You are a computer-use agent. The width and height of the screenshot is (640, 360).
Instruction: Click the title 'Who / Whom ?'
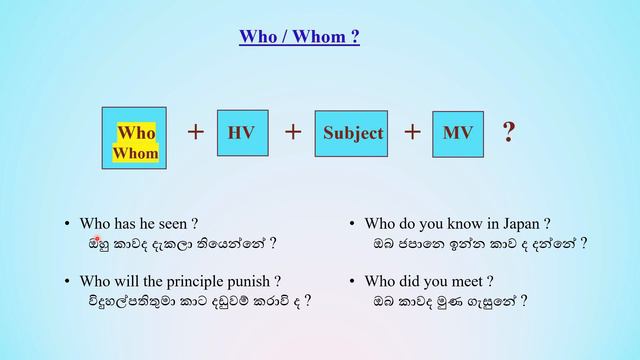click(299, 38)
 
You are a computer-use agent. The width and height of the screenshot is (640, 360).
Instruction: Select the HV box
click(241, 133)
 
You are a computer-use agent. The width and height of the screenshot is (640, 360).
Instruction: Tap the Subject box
click(352, 134)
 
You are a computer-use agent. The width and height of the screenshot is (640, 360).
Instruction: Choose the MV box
click(458, 134)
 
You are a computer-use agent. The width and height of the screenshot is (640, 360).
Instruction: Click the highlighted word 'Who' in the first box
click(136, 132)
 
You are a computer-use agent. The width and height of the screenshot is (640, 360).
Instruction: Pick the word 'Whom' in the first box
click(135, 153)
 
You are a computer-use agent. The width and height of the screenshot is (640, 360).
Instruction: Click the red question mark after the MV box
click(509, 132)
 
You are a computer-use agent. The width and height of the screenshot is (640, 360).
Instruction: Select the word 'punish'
click(252, 281)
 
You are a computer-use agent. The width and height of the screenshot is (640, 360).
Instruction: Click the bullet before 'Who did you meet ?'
click(353, 282)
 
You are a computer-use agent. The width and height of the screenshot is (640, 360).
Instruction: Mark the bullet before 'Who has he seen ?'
click(67, 225)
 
